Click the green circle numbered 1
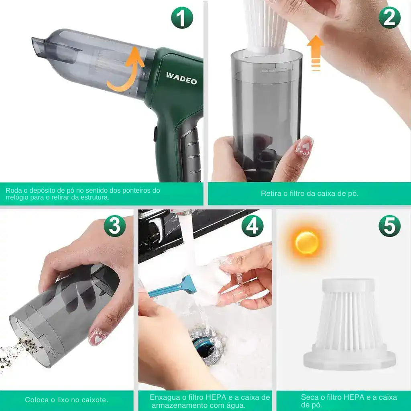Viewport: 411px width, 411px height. click(x=182, y=18)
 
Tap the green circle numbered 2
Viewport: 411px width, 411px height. click(x=389, y=18)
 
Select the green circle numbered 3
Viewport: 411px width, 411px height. click(x=114, y=226)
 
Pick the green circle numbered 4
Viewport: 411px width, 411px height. click(x=252, y=226)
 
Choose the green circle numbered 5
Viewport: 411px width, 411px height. click(x=389, y=226)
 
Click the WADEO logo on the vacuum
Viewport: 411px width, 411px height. click(x=181, y=78)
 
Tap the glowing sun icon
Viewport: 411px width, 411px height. click(x=307, y=242)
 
